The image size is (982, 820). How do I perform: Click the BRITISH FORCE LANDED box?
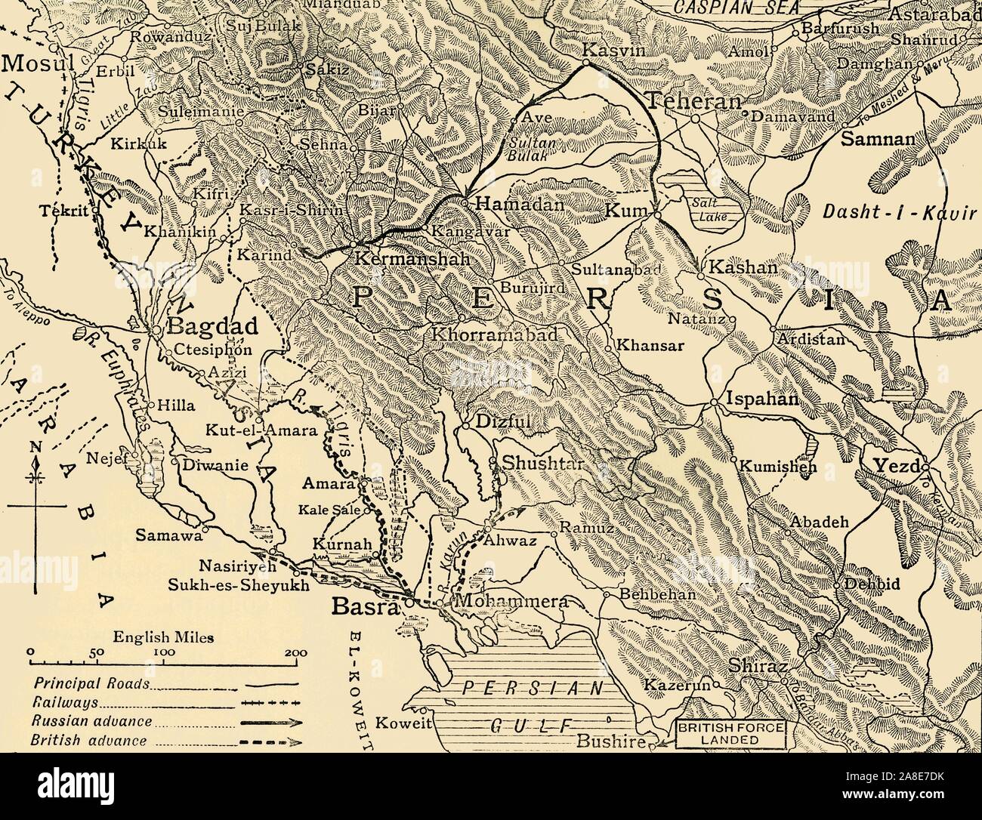tap(731, 734)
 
